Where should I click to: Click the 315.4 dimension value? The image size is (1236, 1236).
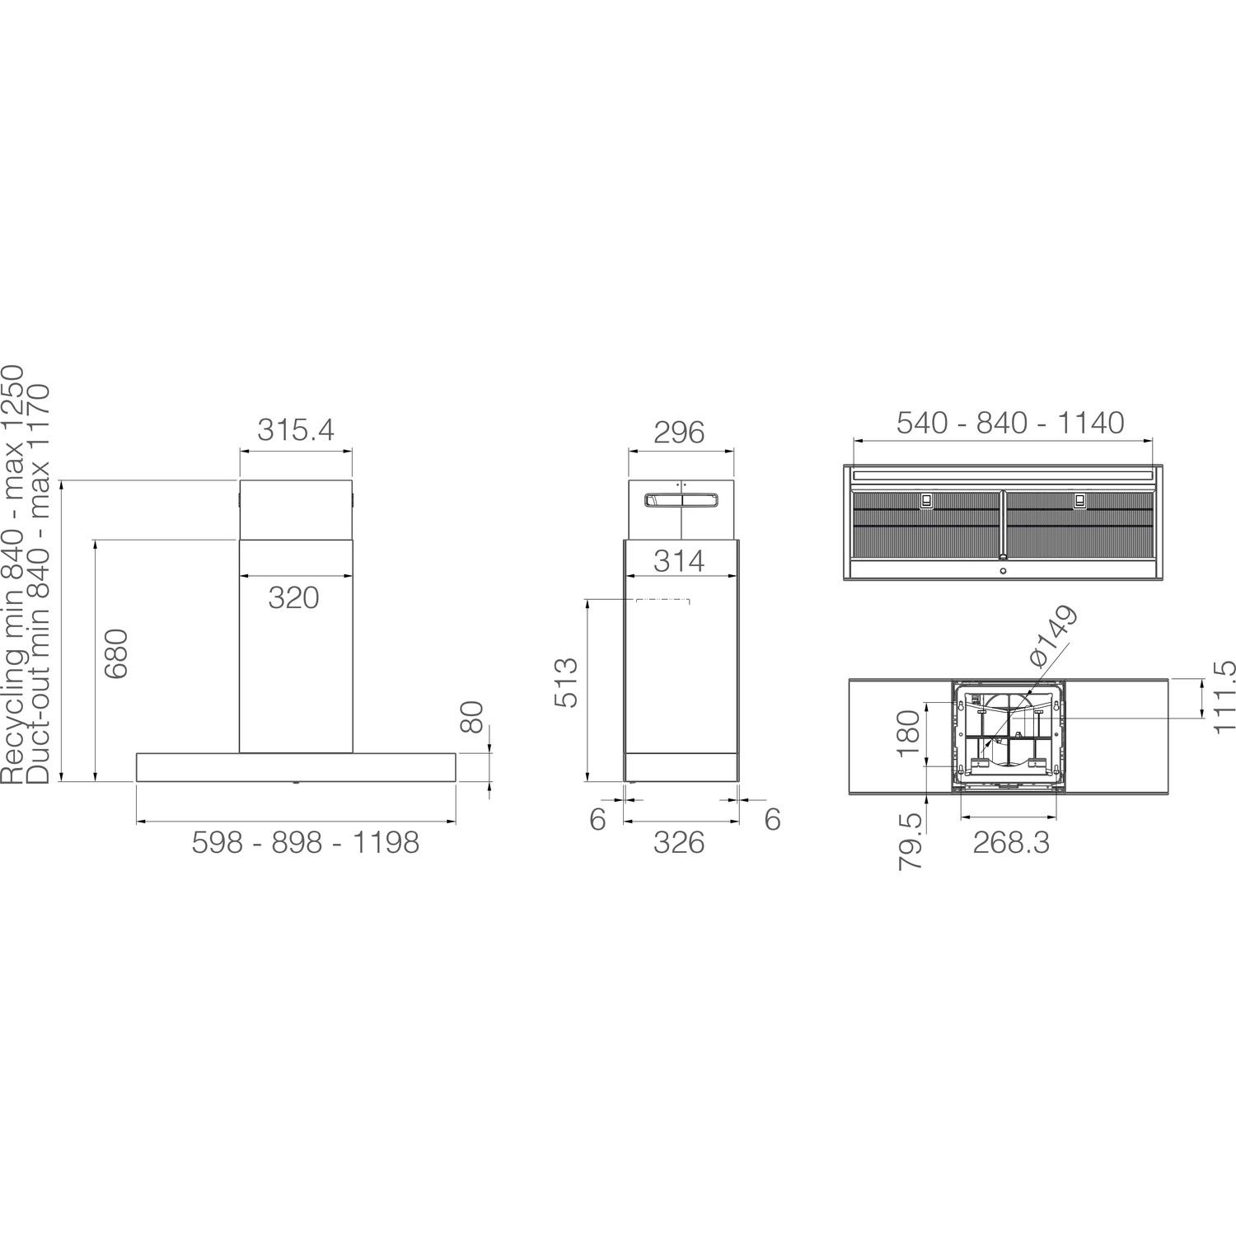pos(296,430)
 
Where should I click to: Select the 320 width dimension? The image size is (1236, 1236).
pos(293,597)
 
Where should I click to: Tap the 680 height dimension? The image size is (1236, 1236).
pos(117,653)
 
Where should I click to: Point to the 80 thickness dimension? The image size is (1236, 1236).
pos(471,717)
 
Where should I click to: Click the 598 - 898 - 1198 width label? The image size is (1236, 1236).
pos(306,842)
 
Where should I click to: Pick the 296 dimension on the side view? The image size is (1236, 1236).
pos(679,433)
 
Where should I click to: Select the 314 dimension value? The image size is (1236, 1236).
pos(680,561)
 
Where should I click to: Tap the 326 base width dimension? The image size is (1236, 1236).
pos(679,842)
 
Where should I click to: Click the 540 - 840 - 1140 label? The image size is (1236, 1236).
pos(1010,423)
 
